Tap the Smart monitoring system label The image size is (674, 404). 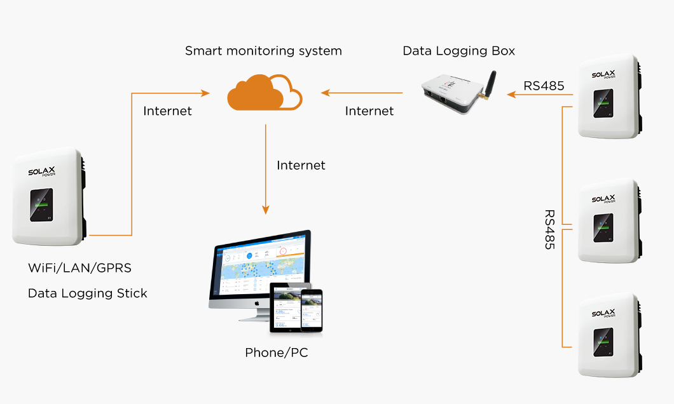tap(263, 51)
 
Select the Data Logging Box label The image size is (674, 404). tap(458, 51)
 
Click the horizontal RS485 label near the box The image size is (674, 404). tap(544, 86)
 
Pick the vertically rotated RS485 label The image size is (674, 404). tap(549, 229)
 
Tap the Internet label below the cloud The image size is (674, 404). tap(301, 165)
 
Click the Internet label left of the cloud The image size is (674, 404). tap(167, 111)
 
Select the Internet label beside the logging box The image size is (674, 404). tap(369, 111)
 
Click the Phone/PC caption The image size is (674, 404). tap(277, 353)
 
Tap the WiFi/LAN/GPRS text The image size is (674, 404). tap(79, 268)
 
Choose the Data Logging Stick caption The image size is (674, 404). tap(87, 293)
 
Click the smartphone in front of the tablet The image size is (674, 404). tap(312, 309)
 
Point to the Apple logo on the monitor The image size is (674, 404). tap(257, 302)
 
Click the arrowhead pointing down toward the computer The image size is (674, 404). tap(266, 210)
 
